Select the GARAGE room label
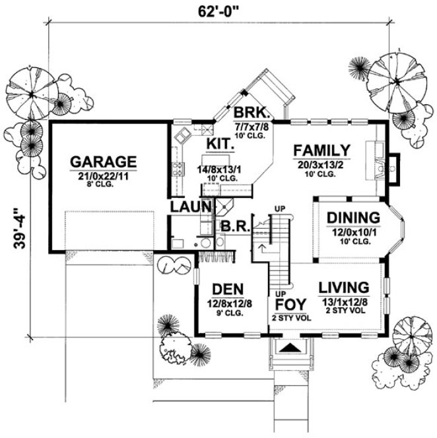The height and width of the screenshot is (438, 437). [x=104, y=161]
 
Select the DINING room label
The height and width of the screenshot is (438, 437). [x=353, y=218]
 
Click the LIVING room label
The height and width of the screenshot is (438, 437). [x=343, y=287]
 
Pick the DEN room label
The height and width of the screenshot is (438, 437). [x=227, y=289]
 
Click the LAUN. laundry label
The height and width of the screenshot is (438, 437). [x=191, y=207]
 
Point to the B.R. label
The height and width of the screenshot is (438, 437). [x=234, y=226]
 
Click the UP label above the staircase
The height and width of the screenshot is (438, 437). [x=279, y=209]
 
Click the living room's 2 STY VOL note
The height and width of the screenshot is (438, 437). [x=343, y=309]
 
